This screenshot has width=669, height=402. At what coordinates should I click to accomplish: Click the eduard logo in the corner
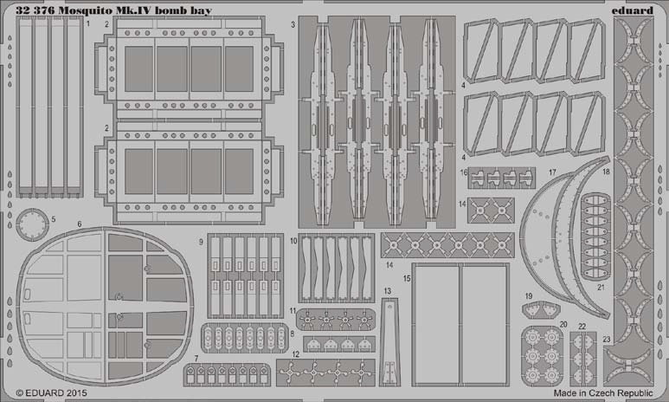click(x=632, y=10)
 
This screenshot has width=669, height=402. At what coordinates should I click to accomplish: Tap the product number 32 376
click(x=35, y=10)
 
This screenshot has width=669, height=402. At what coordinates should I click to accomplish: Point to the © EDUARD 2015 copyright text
click(x=51, y=392)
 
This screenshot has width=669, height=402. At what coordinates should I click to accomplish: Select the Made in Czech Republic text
click(x=603, y=392)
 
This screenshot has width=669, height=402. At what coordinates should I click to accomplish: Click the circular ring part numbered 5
click(x=32, y=224)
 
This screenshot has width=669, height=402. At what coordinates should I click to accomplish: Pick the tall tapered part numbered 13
click(x=389, y=341)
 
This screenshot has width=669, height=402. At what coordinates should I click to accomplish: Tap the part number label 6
click(x=80, y=224)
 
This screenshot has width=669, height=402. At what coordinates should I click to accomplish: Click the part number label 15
click(x=407, y=278)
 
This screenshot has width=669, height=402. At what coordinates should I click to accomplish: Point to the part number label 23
click(x=607, y=340)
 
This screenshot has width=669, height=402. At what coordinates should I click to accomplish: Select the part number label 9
click(x=201, y=243)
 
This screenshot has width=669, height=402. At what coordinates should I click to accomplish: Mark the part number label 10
click(x=293, y=241)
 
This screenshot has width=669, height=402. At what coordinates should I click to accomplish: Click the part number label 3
click(x=293, y=25)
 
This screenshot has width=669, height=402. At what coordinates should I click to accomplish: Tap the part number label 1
click(x=88, y=23)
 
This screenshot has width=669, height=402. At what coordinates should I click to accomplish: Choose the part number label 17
click(x=552, y=172)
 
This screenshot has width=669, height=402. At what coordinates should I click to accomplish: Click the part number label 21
click(x=601, y=288)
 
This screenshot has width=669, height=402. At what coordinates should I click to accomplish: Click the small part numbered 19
click(x=541, y=309)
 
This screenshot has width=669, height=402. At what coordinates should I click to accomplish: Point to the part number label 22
click(x=582, y=327)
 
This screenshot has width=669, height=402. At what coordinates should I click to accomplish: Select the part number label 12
click(x=296, y=354)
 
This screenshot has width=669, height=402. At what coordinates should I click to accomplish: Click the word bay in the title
click(x=203, y=10)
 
